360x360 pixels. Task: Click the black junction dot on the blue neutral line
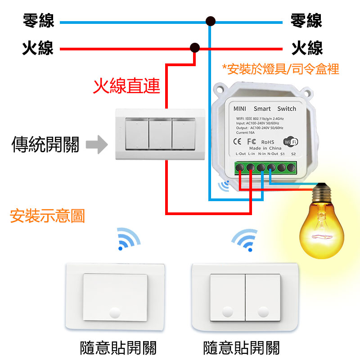pos(210,21)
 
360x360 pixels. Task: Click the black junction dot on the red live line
pos(195,47)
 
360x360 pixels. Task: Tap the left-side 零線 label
pos(39,21)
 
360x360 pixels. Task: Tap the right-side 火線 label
pos(307,48)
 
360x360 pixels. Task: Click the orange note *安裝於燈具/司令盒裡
pos(280,69)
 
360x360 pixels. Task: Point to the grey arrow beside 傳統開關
pos(96,145)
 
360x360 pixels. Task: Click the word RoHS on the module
pos(268,143)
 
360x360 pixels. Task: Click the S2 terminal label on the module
pos(293,154)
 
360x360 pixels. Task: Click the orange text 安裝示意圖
pos(47,216)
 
